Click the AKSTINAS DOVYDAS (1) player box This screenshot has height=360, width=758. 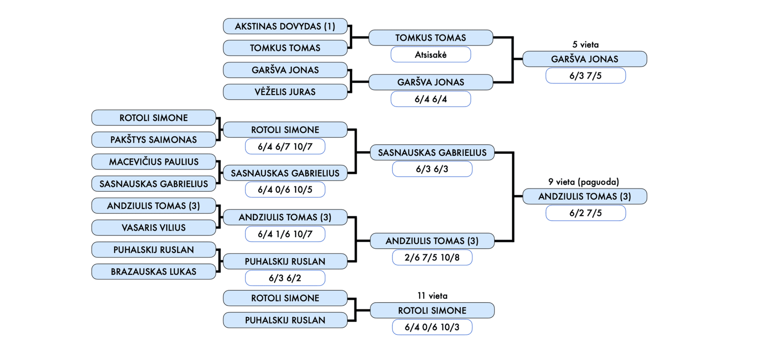click(285, 27)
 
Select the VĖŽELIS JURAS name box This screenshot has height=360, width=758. click(285, 92)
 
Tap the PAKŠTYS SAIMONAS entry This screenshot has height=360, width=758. click(153, 140)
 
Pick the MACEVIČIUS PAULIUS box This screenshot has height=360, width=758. click(153, 162)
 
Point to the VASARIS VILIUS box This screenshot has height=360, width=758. click(153, 228)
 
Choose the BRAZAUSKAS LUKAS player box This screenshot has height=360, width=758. click(153, 272)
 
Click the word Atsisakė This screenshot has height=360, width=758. click(431, 54)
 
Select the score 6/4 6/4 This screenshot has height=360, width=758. click(431, 99)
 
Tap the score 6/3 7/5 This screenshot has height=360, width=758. click(586, 76)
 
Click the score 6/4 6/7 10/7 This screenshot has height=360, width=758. click(285, 147)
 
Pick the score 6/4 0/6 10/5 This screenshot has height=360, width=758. click(285, 190)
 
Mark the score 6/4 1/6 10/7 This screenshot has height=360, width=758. click(285, 234)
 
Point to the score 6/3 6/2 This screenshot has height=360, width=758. click(285, 278)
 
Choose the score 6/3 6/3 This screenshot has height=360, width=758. click(432, 169)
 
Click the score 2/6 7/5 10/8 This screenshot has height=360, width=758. click(432, 258)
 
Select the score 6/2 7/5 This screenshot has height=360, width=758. click(586, 213)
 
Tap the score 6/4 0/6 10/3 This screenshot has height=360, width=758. click(432, 327)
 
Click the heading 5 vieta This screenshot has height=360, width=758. click(586, 45)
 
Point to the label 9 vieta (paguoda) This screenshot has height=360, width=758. click(584, 182)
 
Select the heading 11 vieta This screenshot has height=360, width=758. click(432, 296)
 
